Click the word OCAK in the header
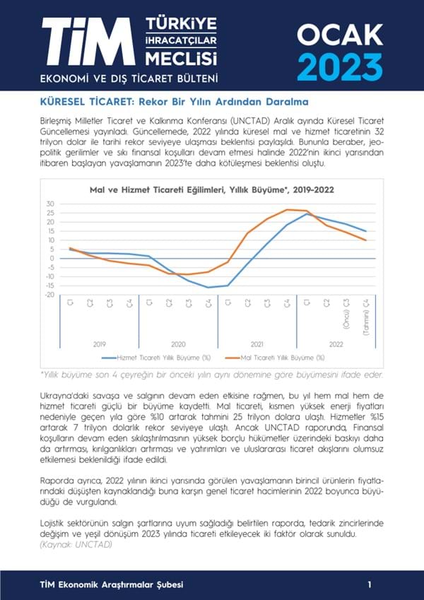[339, 33]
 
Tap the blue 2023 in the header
[339, 66]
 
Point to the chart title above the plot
[212, 189]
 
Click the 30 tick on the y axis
[49, 204]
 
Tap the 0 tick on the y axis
[52, 258]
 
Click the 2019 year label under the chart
[100, 343]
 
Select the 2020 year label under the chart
[178, 343]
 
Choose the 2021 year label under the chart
[257, 343]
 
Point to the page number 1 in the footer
[370, 584]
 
